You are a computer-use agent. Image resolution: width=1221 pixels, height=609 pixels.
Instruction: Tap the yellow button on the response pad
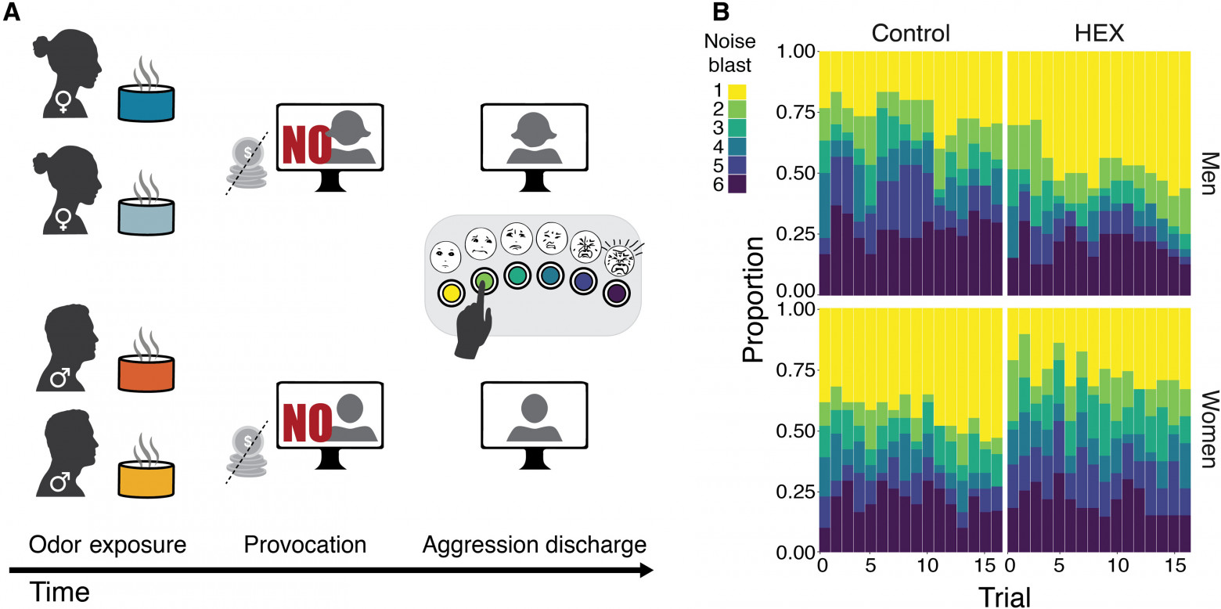tap(450, 294)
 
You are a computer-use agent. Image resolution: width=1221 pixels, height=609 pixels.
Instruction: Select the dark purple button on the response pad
tap(617, 294)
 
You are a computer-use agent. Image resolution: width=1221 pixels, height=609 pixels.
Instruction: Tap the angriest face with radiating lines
tap(619, 259)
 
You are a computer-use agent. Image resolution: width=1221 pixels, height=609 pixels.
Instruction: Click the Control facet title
tap(910, 33)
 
